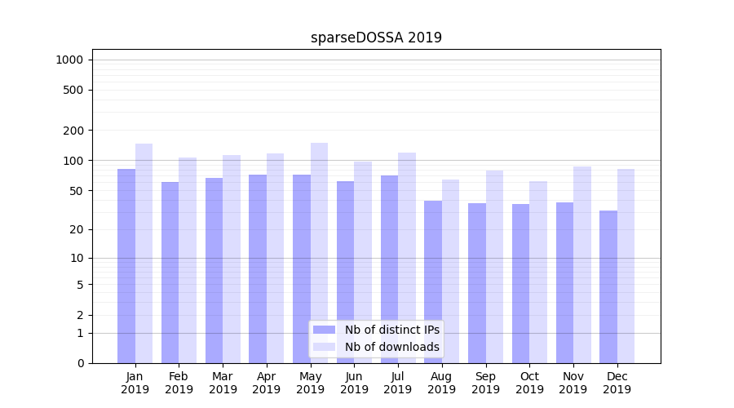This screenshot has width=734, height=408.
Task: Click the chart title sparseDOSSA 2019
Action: (376, 38)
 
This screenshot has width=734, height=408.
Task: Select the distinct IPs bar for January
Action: (126, 265)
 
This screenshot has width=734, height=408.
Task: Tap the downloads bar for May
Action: (319, 253)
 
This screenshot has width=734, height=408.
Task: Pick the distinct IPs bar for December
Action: (608, 286)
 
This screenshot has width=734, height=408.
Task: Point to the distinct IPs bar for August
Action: (433, 282)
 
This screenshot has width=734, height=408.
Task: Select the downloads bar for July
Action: (407, 257)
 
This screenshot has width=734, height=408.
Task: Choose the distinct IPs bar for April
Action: (258, 268)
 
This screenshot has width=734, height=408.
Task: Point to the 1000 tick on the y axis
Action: (69, 60)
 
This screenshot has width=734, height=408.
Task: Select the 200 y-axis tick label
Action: (73, 131)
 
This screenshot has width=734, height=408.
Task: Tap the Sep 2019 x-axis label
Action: (485, 383)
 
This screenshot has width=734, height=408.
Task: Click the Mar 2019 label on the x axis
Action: (223, 383)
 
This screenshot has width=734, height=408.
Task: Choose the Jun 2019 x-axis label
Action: (354, 383)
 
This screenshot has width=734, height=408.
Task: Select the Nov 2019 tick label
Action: (573, 383)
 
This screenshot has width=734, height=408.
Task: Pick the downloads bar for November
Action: (582, 264)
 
